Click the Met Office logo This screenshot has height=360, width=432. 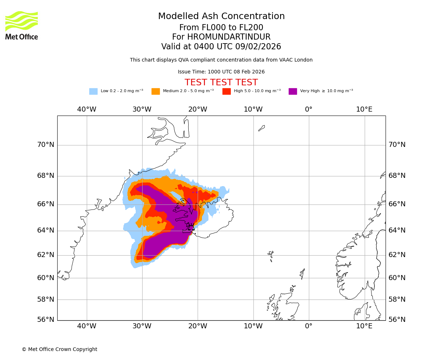pyautogui.click(x=22, y=25)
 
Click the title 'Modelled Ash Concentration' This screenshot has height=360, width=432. pyautogui.click(x=221, y=17)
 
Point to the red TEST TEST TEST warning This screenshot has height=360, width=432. pyautogui.click(x=221, y=82)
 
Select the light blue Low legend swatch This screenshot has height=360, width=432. pyautogui.click(x=93, y=91)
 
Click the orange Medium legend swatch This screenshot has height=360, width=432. pyautogui.click(x=156, y=91)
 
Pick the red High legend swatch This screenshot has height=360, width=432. pyautogui.click(x=226, y=91)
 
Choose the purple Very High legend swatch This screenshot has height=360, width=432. pyautogui.click(x=293, y=91)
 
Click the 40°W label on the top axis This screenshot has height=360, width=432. pyautogui.click(x=87, y=109)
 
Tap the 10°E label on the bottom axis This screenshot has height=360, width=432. pyautogui.click(x=364, y=326)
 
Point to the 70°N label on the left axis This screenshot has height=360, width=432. pyautogui.click(x=46, y=145)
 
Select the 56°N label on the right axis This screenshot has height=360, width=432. pyautogui.click(x=397, y=319)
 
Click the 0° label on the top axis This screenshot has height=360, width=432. pyautogui.click(x=309, y=109)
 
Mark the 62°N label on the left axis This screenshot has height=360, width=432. pyautogui.click(x=46, y=255)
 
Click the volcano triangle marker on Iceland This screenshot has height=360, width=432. pyautogui.click(x=191, y=227)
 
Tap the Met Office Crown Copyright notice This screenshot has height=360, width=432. pyautogui.click(x=59, y=349)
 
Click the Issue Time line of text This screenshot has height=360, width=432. pyautogui.click(x=221, y=72)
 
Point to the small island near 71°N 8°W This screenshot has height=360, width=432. pyautogui.click(x=262, y=128)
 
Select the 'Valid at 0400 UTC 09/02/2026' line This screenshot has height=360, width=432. pyautogui.click(x=221, y=47)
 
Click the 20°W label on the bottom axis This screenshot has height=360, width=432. pyautogui.click(x=198, y=326)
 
